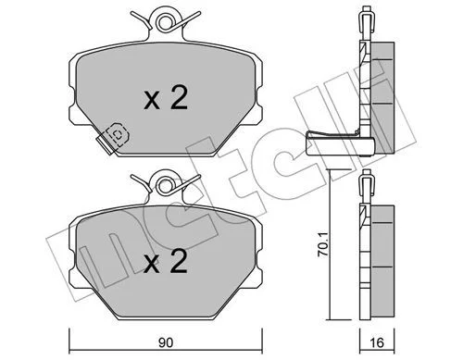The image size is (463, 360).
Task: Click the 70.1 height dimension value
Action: pos(323,245)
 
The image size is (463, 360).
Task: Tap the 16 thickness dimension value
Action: pos(377,343)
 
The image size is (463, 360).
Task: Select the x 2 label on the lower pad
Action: pos(166,261)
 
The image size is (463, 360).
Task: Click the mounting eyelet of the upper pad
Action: pos(165,21)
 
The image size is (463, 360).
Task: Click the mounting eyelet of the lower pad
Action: pos(165,186)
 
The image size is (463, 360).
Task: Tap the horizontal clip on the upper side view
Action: pos(341,143)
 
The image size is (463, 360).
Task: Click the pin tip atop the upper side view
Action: pos(367,7)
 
